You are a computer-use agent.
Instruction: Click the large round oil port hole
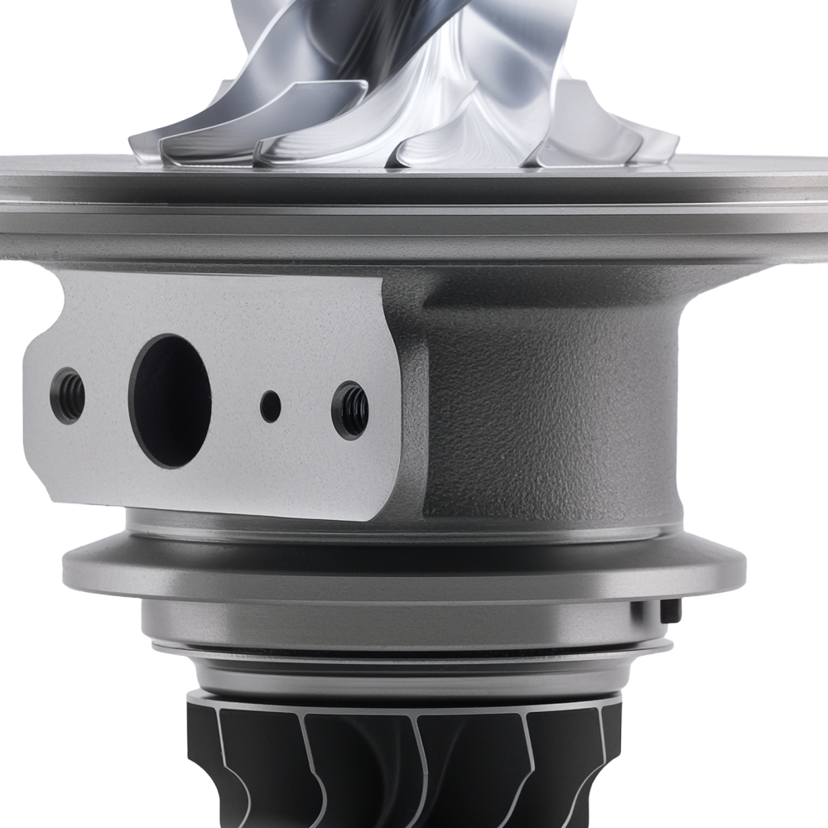pos(170,401)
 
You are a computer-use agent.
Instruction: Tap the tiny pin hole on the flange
pos(270,406)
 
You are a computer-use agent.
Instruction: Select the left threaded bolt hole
pos(68,396)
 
